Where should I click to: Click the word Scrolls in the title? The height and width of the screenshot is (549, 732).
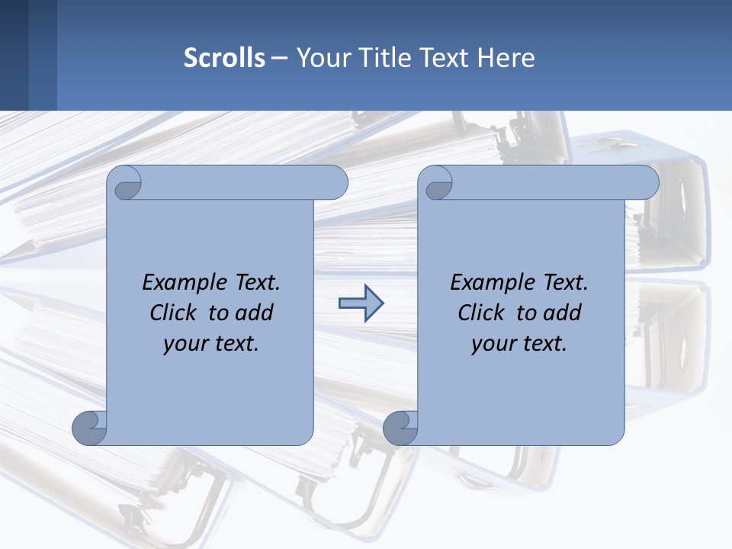224,58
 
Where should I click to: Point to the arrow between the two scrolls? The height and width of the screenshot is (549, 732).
361,303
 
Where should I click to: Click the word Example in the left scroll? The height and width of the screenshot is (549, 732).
181,283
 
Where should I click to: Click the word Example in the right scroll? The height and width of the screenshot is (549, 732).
490,283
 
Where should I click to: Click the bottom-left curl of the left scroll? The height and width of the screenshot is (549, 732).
89,429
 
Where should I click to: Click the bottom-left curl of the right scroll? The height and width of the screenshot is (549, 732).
400,429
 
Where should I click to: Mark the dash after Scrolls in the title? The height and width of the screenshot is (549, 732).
279,58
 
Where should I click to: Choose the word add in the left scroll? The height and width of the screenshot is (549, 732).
255,313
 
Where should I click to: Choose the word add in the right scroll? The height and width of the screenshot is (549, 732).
563,313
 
